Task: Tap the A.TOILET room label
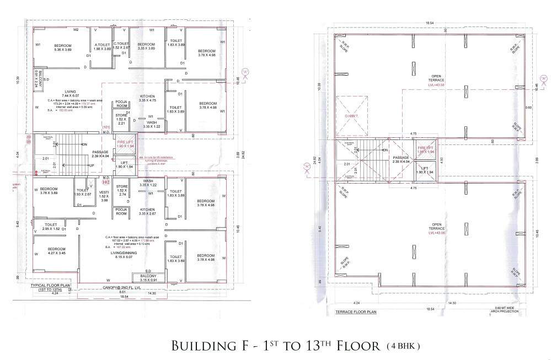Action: coord(103,47)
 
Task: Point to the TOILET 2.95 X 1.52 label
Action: coord(47,226)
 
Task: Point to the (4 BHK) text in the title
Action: coord(404,346)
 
